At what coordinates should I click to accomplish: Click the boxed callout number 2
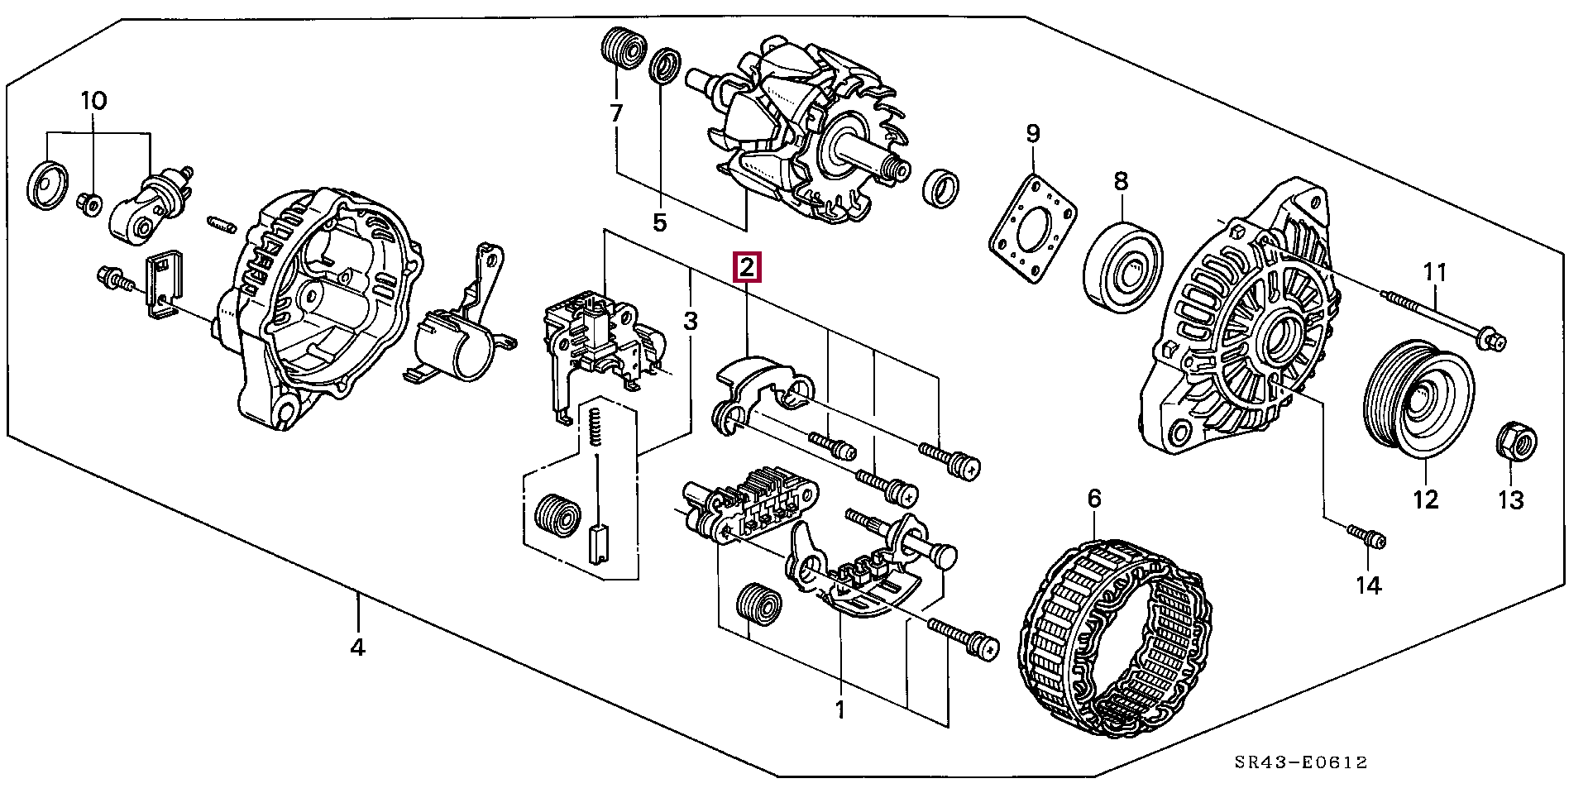[x=746, y=267]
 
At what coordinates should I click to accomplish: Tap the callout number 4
[x=357, y=647]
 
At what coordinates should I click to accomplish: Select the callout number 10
[x=93, y=102]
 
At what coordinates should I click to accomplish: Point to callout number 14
[x=1368, y=585]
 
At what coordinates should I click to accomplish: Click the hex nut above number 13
[x=1517, y=441]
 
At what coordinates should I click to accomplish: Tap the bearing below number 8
[x=1123, y=266]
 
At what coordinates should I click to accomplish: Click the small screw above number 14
[x=1366, y=536]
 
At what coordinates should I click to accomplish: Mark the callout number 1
[x=840, y=710]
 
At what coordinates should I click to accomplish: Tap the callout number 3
[x=691, y=321]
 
